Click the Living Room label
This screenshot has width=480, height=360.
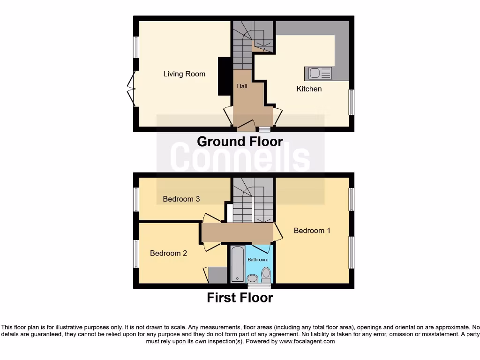pos(184,74)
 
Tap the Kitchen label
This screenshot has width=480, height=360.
pos(309,89)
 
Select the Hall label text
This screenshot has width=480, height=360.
pos(242,86)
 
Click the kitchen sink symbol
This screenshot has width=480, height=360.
pos(318,73)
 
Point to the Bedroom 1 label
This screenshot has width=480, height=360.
pos(312,231)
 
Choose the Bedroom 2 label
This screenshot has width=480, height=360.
pos(168,253)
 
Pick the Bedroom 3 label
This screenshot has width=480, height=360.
pos(181,199)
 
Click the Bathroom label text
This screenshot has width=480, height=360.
pos(258,260)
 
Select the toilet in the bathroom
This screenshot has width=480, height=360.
pos(266,274)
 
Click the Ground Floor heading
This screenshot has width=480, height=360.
pos(240,142)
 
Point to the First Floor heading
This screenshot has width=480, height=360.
pos(240,298)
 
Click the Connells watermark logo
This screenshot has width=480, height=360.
pos(240,157)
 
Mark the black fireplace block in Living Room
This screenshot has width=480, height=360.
pos(224,76)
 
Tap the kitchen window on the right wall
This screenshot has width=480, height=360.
pos(352,102)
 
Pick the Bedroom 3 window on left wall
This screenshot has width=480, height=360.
pos(136,199)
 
